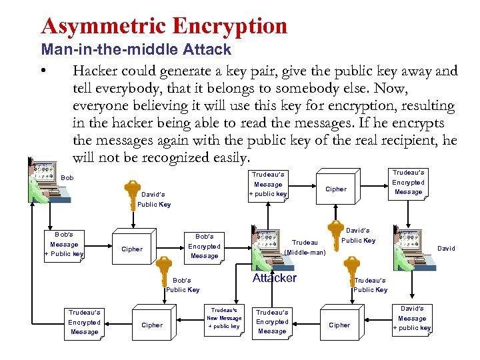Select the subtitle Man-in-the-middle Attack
click(136, 49)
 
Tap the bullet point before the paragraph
click(43, 71)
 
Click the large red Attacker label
click(274, 278)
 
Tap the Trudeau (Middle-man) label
click(305, 247)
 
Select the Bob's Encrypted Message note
click(204, 246)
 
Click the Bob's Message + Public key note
click(64, 244)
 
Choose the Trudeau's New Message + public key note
click(224, 318)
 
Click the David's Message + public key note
click(412, 318)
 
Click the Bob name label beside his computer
click(67, 178)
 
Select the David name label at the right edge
click(446, 248)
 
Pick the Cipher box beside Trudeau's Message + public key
click(335, 189)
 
